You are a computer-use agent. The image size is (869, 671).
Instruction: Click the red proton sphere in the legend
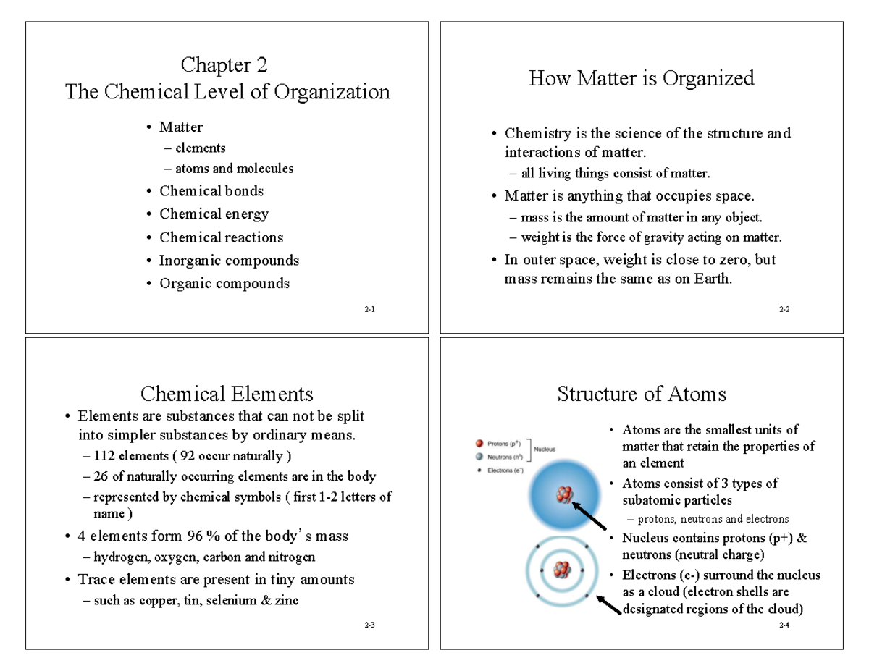pos(479,443)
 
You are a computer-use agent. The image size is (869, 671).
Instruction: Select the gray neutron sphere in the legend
pos(479,457)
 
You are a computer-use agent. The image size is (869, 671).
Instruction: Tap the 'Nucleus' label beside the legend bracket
pos(545,449)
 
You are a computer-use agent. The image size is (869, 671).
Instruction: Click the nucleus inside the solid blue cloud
pos(564,494)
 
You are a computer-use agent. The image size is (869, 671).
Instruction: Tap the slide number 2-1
pos(369,309)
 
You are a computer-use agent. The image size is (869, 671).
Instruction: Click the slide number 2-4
pos(784,625)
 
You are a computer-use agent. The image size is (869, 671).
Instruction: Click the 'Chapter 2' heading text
pos(224,65)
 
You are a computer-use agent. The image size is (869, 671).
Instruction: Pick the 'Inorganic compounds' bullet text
pos(229,260)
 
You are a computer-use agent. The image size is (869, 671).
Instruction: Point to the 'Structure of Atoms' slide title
pos(642,394)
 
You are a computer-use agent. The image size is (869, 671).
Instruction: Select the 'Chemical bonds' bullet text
pos(211,191)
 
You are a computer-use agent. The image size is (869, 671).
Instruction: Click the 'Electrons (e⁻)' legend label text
pos(506,470)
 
